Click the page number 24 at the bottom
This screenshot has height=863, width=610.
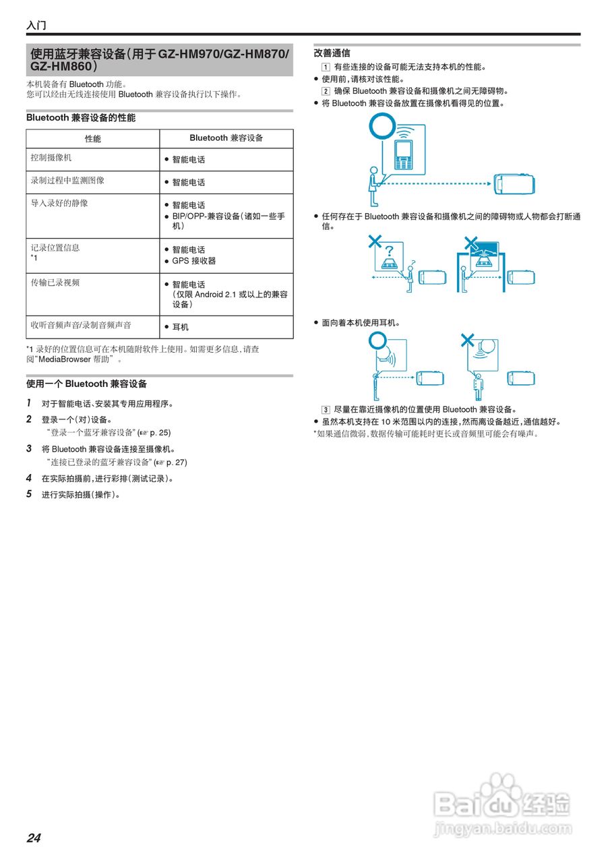34,838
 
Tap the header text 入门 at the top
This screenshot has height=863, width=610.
36,26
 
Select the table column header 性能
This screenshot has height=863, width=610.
93,139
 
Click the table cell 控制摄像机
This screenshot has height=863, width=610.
51,157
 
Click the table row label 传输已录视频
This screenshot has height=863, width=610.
55,282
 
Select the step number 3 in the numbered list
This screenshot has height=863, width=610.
29,448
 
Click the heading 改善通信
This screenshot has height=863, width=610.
332,53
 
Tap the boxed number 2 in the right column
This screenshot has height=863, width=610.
326,91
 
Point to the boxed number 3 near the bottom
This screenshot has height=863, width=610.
326,410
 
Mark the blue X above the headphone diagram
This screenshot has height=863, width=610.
467,340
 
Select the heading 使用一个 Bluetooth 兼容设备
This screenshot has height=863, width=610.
86,384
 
